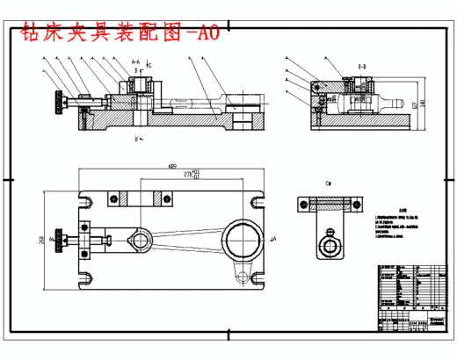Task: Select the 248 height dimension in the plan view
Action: coord(42,239)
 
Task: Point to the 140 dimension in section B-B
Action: coord(423,103)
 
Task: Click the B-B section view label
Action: coord(361,65)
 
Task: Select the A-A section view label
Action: coord(135,62)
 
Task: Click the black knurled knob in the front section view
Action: coord(60,103)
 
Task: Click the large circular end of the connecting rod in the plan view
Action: coord(240,238)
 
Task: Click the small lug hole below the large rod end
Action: coord(242,277)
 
